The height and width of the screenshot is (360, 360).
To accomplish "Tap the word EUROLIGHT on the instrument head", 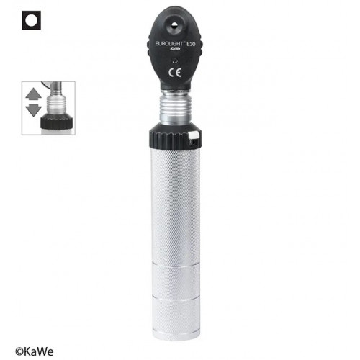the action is [x=168, y=43].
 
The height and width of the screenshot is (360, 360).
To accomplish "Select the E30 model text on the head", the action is [x=191, y=45].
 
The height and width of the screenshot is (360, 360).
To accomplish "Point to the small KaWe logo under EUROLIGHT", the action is [x=175, y=49].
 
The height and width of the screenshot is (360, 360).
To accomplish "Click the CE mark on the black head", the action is [x=175, y=73].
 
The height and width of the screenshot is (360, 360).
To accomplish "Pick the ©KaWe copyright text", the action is [x=35, y=352].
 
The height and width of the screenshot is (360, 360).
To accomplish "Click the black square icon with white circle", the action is [x=32, y=20].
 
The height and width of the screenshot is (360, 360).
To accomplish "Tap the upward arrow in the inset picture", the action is [x=34, y=94].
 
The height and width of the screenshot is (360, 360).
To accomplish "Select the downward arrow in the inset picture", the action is [x=34, y=110].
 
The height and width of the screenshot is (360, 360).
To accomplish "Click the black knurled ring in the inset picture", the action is [x=56, y=122].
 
